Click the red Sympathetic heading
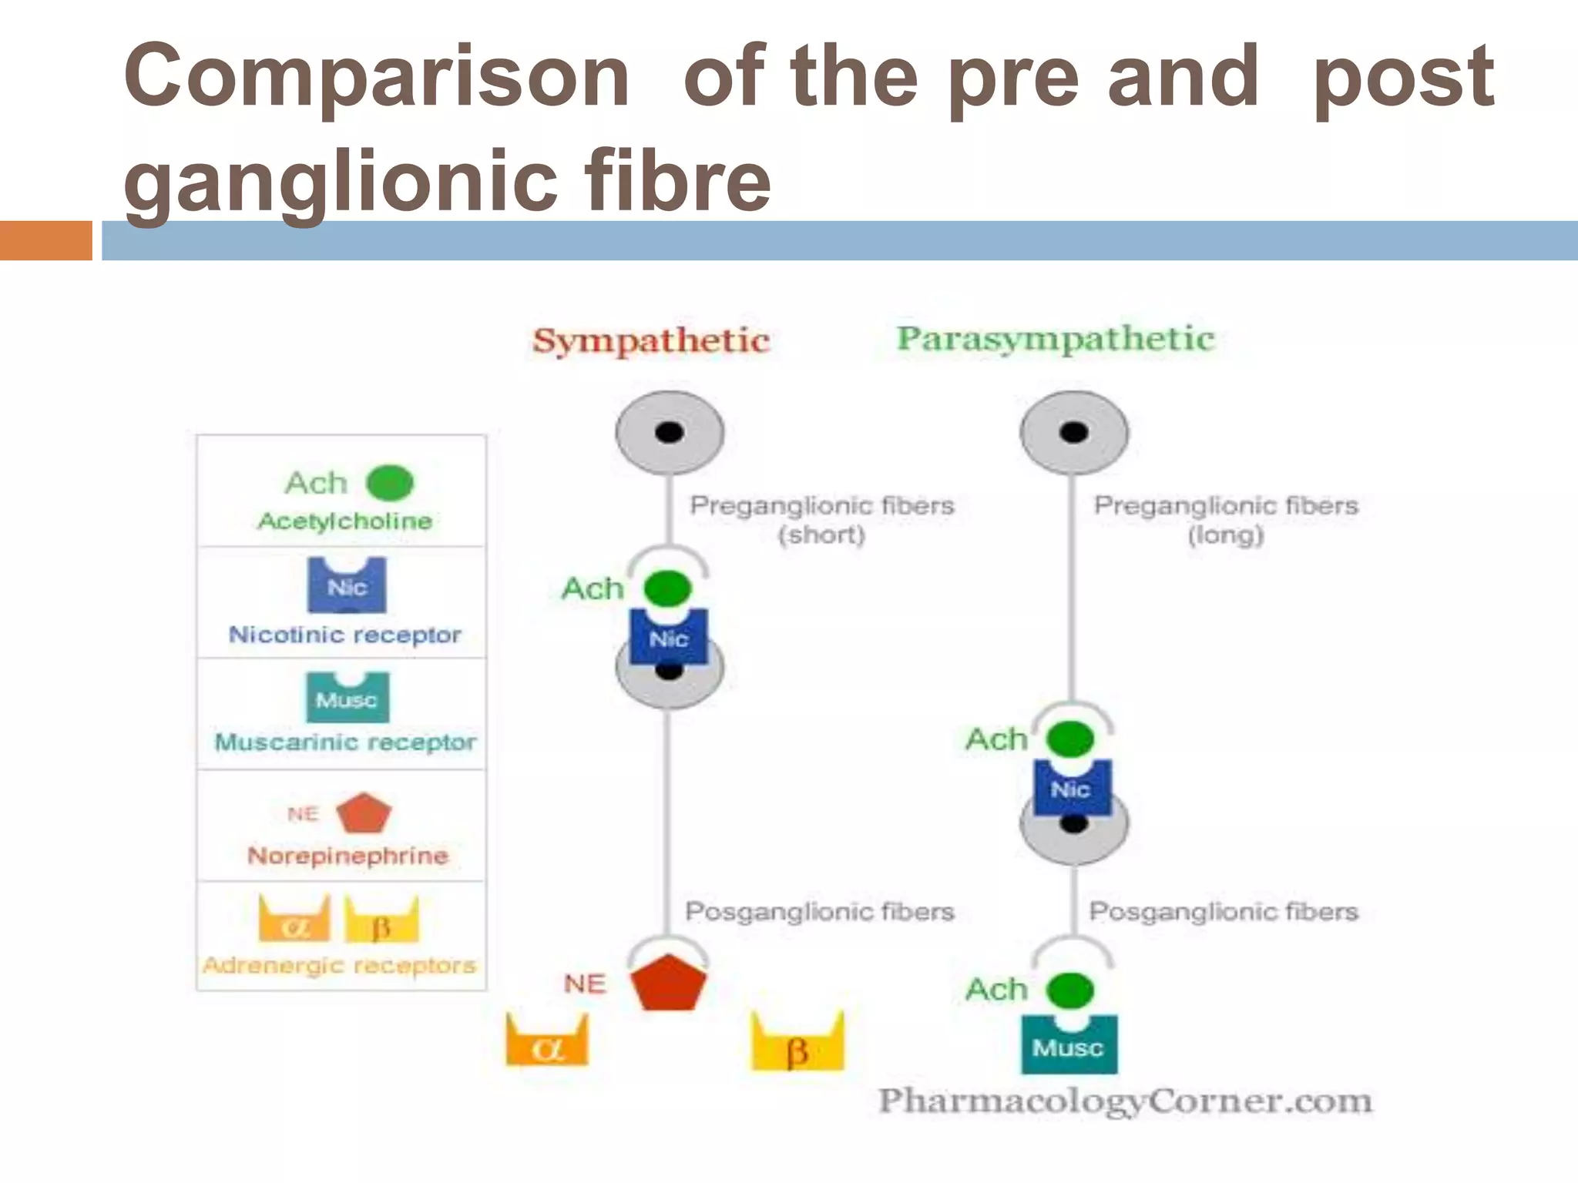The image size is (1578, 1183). (x=651, y=340)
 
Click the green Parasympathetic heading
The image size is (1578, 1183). (x=1055, y=339)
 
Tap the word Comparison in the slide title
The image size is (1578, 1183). (x=377, y=76)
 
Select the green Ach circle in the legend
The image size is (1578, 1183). (x=390, y=484)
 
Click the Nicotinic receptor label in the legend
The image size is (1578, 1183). (x=344, y=635)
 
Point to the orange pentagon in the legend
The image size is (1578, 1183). (x=364, y=813)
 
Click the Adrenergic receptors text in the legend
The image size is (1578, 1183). (x=340, y=965)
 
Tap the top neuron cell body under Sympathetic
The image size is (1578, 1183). (x=670, y=432)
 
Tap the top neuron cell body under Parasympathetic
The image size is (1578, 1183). (x=1074, y=432)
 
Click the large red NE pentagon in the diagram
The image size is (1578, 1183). (x=668, y=984)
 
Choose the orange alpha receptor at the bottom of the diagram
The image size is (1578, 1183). (x=547, y=1043)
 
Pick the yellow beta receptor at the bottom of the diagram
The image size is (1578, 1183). (x=797, y=1046)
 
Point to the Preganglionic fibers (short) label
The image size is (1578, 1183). (x=821, y=519)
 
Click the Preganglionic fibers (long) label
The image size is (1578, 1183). (x=1226, y=519)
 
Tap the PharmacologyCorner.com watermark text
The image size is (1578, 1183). (x=1126, y=1101)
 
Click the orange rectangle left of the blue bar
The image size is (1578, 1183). (x=45, y=240)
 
